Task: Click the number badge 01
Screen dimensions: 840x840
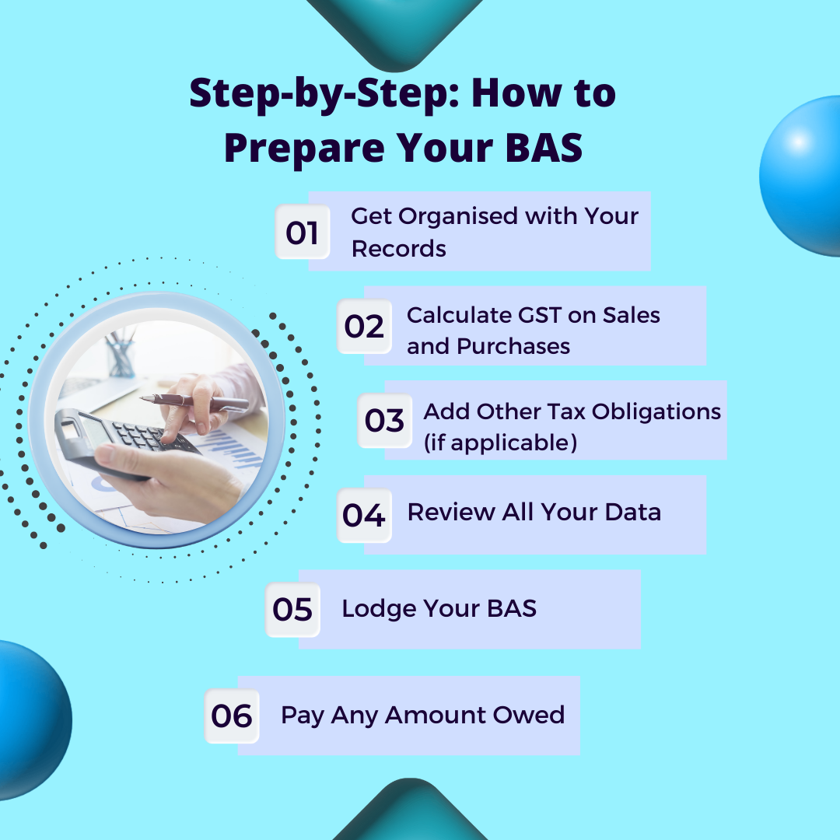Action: [303, 232]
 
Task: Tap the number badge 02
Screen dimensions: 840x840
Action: [365, 327]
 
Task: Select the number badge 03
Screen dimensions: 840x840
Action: [384, 421]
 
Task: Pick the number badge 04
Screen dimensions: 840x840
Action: [364, 516]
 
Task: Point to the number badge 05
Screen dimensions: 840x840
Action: [292, 610]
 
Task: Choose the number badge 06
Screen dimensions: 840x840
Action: [232, 716]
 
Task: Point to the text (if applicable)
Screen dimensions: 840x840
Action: [499, 443]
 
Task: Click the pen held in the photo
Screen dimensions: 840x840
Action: [194, 401]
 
